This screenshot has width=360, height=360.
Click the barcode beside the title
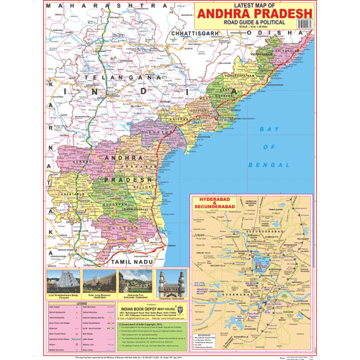[x=305, y=22]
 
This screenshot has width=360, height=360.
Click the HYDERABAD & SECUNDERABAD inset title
[x=216, y=203]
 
